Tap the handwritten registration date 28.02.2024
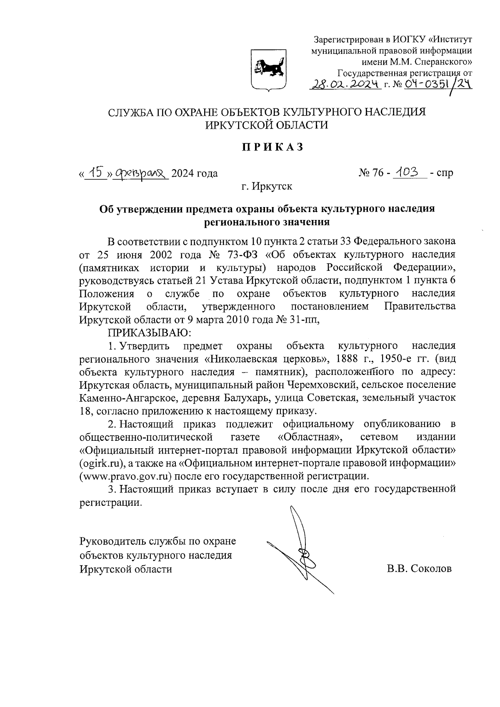345,85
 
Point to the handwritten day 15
95,172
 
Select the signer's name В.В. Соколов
419,569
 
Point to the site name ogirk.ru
102,463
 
